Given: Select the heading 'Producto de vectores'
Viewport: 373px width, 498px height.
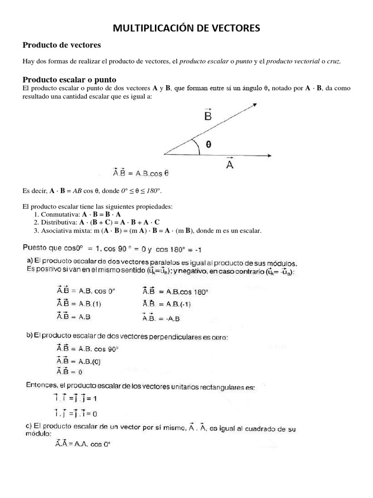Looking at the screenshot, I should pos(62,45).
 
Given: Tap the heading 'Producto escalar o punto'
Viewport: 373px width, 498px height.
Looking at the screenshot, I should pos(69,79).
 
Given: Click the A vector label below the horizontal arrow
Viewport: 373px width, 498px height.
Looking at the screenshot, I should pos(230,164).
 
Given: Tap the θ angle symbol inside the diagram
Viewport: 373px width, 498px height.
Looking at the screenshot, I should pos(208,144).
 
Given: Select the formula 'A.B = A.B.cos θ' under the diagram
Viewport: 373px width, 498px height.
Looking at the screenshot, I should pos(140,172).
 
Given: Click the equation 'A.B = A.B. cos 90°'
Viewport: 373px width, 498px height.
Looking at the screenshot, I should pos(87,349).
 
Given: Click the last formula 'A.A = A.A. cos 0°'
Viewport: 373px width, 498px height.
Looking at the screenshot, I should pos(83,444).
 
